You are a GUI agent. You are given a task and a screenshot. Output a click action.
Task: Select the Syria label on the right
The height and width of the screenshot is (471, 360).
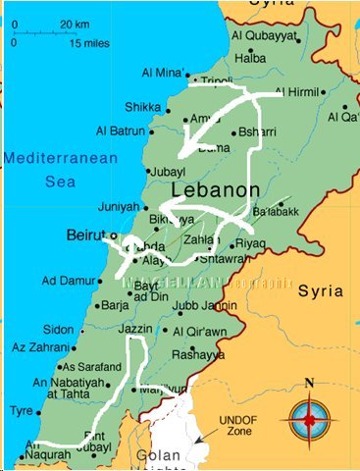click(321, 291)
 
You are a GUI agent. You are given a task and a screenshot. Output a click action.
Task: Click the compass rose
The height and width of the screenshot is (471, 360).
click(309, 420)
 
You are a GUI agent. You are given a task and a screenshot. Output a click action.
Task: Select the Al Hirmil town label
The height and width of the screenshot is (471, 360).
click(298, 92)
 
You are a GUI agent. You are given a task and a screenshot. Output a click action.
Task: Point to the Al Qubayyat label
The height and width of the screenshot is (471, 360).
click(263, 36)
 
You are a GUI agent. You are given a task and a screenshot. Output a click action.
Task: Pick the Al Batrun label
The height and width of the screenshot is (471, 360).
click(121, 131)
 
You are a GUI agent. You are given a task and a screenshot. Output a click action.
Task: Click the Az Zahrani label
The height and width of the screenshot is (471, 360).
click(38, 348)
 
